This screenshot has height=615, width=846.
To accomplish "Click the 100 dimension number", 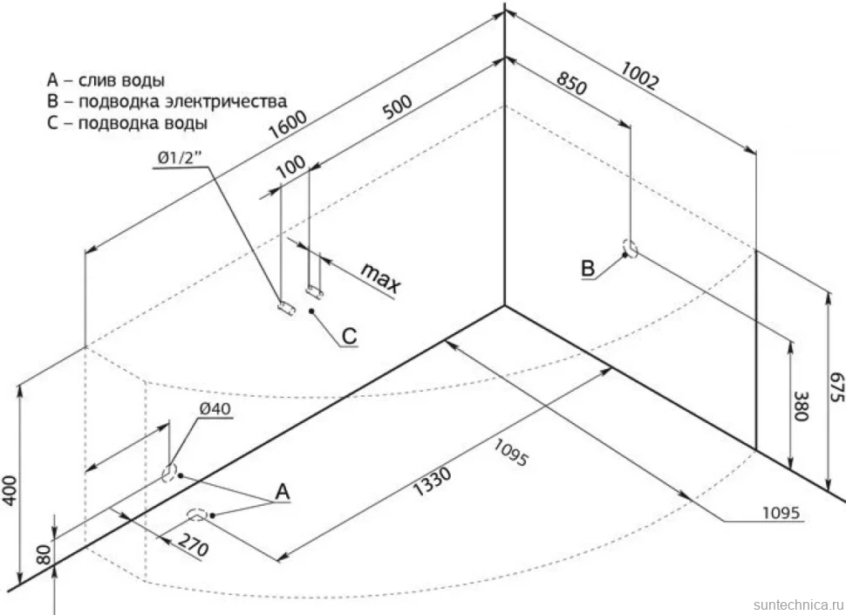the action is (290, 167).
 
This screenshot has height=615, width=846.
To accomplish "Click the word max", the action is (381, 277).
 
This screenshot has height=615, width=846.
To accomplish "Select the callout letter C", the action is (349, 336).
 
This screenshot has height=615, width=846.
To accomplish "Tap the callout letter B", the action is (588, 268).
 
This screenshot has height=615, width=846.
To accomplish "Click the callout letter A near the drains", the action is (283, 492).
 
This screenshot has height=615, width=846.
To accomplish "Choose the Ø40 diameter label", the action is (215, 409).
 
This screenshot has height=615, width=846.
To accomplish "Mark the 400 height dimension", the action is (10, 490).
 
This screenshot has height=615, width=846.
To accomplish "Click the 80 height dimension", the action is (44, 555).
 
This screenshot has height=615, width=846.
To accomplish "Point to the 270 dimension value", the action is (193, 545).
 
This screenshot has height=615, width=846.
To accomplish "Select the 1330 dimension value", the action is (432, 482).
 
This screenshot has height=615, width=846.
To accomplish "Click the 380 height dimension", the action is (801, 406).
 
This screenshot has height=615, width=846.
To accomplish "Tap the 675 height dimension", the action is (836, 386).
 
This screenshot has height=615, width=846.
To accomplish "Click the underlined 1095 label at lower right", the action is (781, 513).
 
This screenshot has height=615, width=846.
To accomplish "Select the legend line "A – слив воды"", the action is (106, 80).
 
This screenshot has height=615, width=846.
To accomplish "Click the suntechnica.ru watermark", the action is (799, 604).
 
